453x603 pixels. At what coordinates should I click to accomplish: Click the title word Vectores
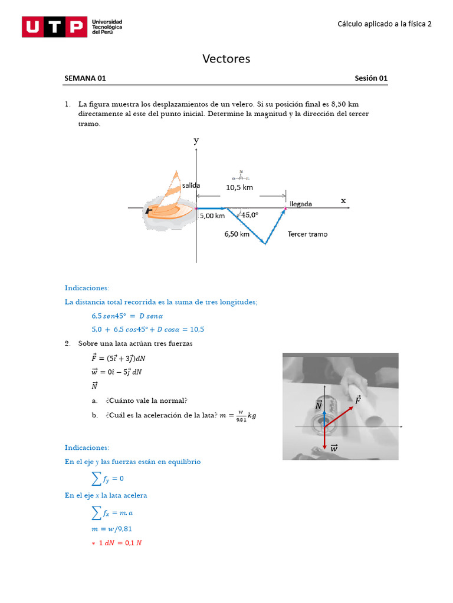pyautogui.click(x=226, y=58)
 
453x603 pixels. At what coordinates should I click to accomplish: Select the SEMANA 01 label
pyautogui.click(x=85, y=78)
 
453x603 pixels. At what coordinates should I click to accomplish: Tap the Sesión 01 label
pyautogui.click(x=371, y=78)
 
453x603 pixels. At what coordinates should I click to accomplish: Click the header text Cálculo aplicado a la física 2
pyautogui.click(x=384, y=24)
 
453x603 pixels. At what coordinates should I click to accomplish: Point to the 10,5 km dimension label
pyautogui.click(x=239, y=187)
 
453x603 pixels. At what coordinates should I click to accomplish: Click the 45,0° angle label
pyautogui.click(x=250, y=215)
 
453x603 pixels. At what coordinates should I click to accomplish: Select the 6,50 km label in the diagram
pyautogui.click(x=237, y=234)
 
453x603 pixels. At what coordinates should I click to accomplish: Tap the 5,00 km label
pyautogui.click(x=212, y=216)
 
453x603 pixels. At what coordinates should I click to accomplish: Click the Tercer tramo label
pyautogui.click(x=307, y=234)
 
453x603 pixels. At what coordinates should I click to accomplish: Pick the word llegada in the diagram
pyautogui.click(x=301, y=204)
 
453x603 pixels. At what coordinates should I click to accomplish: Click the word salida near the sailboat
pyautogui.click(x=191, y=185)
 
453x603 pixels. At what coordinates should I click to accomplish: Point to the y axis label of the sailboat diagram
pyautogui.click(x=196, y=140)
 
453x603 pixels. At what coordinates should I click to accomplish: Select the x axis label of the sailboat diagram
pyautogui.click(x=343, y=201)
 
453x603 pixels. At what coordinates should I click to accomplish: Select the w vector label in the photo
pyautogui.click(x=334, y=448)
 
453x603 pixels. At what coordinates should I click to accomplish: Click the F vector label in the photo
pyautogui.click(x=357, y=400)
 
